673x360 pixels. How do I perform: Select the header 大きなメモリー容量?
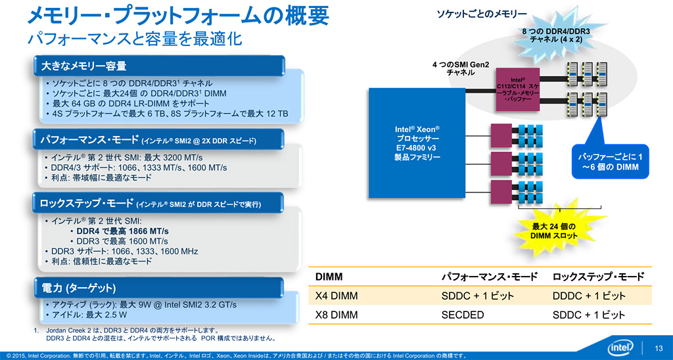click(x=80, y=66)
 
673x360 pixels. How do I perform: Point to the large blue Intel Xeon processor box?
click(x=417, y=143)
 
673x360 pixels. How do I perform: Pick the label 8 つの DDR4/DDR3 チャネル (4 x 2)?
click(x=555, y=35)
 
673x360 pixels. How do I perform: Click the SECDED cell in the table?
click(x=463, y=315)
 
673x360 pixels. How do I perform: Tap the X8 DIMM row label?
click(x=336, y=315)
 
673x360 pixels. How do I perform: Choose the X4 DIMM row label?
click(x=336, y=296)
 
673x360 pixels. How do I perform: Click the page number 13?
click(x=658, y=348)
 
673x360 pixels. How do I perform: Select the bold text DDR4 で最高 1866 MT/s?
click(x=123, y=231)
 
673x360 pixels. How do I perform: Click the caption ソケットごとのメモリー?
click(x=482, y=14)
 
